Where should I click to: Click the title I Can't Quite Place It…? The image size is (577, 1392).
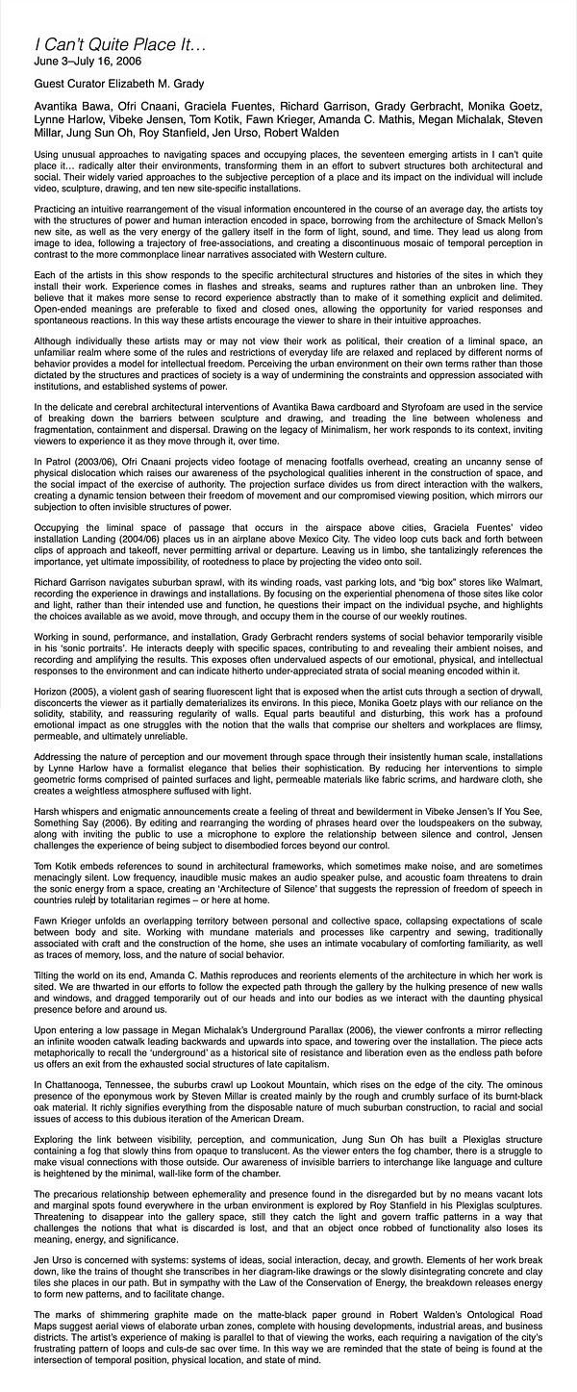(107, 44)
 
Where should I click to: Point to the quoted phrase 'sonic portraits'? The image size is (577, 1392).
(107, 647)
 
